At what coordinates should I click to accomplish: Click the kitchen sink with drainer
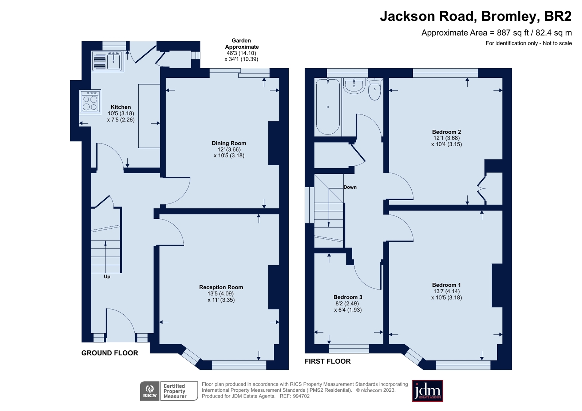[108, 61]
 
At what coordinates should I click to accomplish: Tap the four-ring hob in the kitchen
[90, 102]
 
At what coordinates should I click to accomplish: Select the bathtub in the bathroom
[328, 107]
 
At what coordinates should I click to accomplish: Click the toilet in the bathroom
[375, 89]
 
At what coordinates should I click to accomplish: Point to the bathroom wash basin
[354, 86]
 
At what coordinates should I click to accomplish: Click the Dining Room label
[229, 143]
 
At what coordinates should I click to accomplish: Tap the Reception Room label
[221, 287]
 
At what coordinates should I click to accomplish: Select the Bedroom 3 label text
[348, 297]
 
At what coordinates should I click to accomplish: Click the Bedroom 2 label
[446, 132]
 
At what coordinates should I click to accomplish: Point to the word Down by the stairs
[350, 187]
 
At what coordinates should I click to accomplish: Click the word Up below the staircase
[107, 277]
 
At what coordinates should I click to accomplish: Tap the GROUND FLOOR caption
[110, 353]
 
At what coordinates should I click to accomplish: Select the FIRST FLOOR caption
[327, 361]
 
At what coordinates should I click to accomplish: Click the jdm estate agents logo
[427, 391]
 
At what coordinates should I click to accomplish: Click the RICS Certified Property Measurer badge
[169, 391]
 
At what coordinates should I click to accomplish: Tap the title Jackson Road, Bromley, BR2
[475, 16]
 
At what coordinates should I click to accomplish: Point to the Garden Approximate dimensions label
[241, 50]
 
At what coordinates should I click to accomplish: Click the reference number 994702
[301, 396]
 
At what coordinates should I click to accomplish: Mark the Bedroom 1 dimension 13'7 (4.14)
[446, 291]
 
